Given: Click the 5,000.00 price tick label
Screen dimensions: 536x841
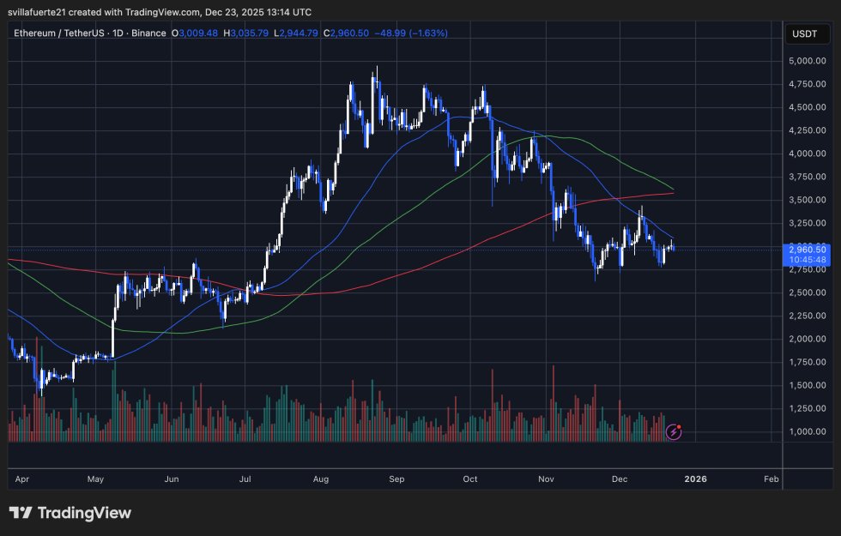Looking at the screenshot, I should click(x=807, y=62).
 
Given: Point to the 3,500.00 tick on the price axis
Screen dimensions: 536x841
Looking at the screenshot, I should click(x=807, y=200).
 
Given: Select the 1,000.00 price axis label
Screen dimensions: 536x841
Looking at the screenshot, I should click(x=807, y=431).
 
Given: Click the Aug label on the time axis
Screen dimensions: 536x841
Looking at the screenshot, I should click(x=322, y=479).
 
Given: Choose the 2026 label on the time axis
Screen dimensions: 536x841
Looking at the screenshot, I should click(x=695, y=479).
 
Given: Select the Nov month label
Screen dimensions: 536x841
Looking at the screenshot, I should click(x=547, y=479).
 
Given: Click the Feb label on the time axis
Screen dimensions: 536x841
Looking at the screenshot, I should click(x=771, y=479).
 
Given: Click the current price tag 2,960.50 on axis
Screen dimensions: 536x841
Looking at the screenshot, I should click(x=807, y=250).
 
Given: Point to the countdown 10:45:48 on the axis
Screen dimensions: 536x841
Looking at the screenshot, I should click(x=807, y=259).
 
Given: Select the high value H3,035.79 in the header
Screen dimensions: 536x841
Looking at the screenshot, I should click(x=245, y=33).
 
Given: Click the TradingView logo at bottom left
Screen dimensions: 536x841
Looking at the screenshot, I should click(x=70, y=513).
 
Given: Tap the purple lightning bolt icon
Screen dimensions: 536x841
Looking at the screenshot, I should click(x=674, y=431).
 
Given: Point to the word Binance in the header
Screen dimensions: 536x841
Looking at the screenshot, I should click(x=148, y=33).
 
